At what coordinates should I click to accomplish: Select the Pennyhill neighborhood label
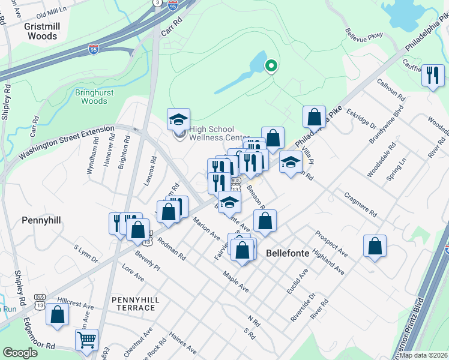pos(41,221)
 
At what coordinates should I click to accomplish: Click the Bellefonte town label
pos(288,253)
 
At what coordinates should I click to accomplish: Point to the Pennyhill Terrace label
pos(133,303)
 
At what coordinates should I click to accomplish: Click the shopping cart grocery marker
pos(86,340)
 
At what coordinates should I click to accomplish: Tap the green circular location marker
pos(271,66)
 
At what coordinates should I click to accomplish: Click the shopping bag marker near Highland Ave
pos(375,246)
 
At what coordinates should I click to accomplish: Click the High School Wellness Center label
pos(218,133)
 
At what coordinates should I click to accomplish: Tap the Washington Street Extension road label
pos(66,142)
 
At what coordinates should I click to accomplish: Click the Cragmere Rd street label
pos(360,205)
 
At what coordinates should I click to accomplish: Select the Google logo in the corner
pos(20,353)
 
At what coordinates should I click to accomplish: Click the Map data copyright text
pos(423,355)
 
